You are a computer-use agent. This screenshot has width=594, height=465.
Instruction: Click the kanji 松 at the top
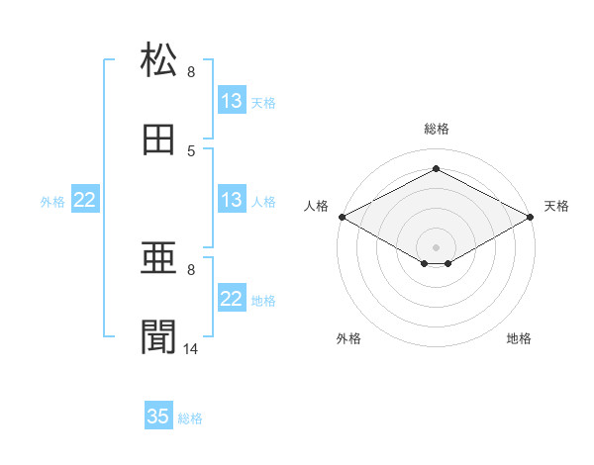158,58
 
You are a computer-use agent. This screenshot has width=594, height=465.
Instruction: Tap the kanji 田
158,139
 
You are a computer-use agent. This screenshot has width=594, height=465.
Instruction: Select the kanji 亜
158,257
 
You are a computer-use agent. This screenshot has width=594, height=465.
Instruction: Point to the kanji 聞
158,336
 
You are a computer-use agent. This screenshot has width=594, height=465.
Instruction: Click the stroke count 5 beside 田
191,151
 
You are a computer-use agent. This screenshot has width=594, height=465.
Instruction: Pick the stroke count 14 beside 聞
190,348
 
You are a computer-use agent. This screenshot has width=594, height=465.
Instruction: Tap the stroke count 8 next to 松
191,71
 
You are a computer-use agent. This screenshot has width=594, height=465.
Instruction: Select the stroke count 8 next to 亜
191,270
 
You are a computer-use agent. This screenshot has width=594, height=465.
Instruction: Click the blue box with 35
158,415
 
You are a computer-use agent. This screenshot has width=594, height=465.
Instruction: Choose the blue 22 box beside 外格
85,199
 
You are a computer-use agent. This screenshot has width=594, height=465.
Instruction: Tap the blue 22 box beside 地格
233,297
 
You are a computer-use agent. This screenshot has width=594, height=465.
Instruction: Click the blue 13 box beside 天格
233,99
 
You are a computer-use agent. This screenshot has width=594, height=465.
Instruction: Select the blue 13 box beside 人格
233,199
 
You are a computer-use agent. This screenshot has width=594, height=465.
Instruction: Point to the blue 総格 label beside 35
190,418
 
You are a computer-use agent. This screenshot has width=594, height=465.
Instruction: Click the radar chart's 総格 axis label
437,129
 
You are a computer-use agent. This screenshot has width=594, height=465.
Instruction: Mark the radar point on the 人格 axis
343,217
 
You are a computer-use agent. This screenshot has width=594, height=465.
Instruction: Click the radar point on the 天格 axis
531,217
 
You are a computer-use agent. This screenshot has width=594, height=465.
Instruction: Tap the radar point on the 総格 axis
436,168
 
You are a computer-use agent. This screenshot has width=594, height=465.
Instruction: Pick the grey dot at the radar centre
436,247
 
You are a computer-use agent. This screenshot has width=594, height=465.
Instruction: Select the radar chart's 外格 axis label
348,338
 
